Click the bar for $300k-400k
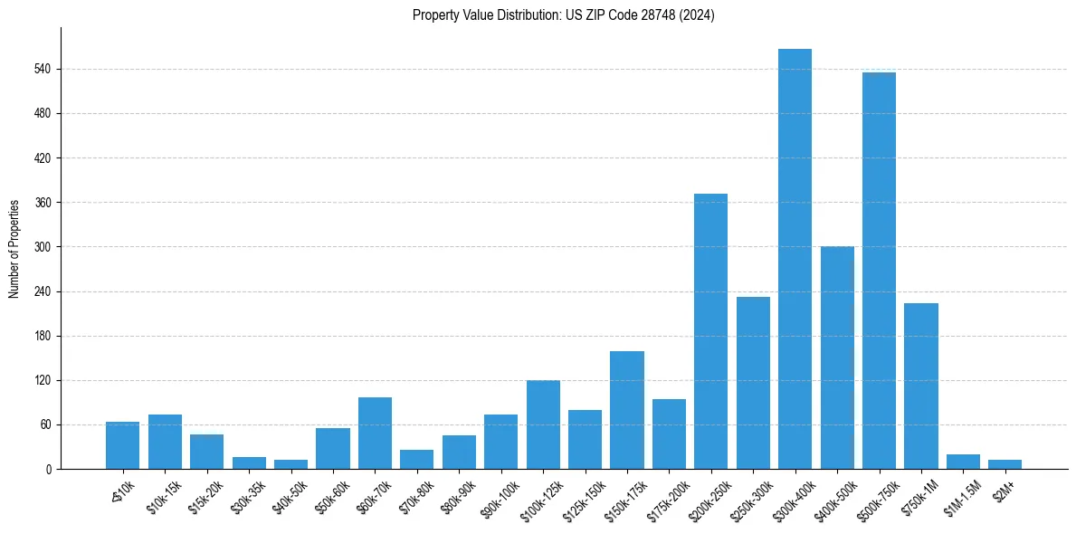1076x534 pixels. point(795,259)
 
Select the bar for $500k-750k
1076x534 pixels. point(879,271)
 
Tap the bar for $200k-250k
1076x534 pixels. point(710,331)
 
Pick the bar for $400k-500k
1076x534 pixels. point(837,358)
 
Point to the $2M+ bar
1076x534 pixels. point(1005,464)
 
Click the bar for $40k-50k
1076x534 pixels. point(290,464)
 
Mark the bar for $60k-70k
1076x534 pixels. point(375,433)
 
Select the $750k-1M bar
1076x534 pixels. point(920,386)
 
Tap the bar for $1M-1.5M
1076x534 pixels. point(963,462)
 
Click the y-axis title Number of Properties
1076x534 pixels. point(14,249)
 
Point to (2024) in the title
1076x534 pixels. point(699,15)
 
